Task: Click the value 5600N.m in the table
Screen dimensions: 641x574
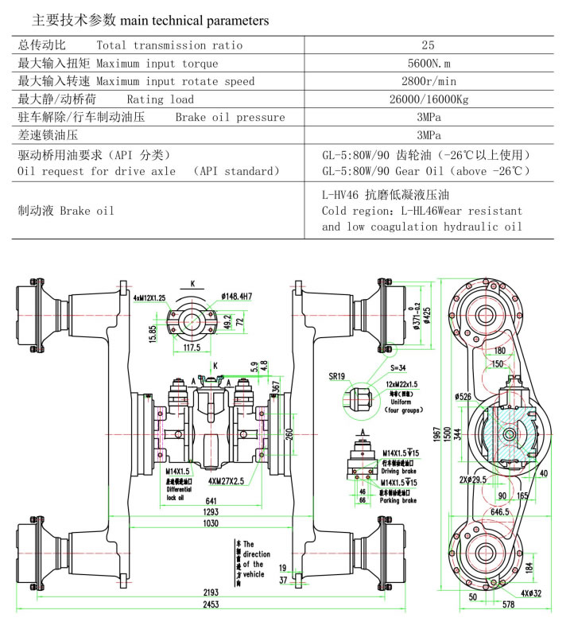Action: click(x=429, y=64)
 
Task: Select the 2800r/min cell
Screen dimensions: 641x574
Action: click(x=429, y=81)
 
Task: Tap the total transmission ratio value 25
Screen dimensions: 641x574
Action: click(x=429, y=45)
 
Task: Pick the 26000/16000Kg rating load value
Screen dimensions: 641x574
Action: click(x=429, y=99)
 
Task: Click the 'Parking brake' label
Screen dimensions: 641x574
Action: click(x=398, y=500)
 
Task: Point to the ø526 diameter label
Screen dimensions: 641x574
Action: click(x=465, y=396)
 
